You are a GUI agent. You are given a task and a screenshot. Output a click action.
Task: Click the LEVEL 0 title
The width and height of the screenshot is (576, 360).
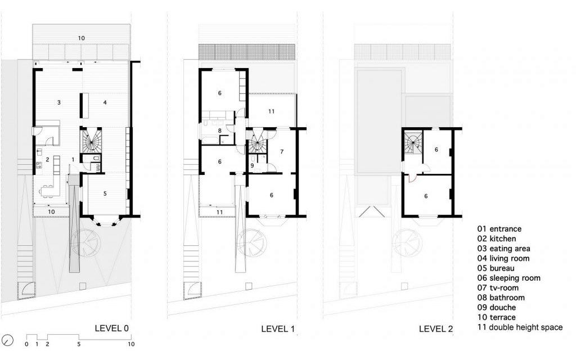click(112, 328)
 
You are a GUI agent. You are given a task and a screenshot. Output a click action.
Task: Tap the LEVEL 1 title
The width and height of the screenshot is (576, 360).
click(278, 328)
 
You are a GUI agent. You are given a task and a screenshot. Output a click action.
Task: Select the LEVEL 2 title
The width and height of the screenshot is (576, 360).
click(436, 328)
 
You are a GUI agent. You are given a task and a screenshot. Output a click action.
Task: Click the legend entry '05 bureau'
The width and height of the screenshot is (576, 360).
click(496, 268)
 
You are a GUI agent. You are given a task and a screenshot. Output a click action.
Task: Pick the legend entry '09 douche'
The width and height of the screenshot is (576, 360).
click(497, 308)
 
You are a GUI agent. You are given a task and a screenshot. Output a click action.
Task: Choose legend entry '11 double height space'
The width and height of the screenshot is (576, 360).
click(520, 327)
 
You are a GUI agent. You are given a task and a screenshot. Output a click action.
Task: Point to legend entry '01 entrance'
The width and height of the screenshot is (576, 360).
click(499, 229)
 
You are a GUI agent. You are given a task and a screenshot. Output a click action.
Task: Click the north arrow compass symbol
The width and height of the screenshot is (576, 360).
click(7, 340)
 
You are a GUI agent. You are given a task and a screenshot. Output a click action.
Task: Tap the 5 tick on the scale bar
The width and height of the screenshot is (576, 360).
click(79, 344)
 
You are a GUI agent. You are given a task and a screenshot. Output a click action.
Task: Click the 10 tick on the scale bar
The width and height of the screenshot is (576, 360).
click(131, 344)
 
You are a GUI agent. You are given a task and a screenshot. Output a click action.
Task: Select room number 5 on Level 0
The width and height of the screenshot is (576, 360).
click(105, 193)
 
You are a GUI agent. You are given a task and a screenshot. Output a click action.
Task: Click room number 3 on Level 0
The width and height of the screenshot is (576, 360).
click(58, 102)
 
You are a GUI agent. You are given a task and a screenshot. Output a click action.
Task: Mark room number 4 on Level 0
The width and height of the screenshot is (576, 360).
click(105, 102)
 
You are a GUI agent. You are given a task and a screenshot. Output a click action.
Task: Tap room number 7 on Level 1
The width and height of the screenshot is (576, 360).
click(282, 152)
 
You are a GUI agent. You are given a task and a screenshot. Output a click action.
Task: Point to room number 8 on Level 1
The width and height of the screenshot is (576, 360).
click(220, 130)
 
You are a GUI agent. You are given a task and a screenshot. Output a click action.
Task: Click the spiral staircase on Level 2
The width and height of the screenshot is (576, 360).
click(413, 143)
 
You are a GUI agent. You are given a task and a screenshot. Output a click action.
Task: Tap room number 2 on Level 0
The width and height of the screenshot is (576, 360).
click(48, 160)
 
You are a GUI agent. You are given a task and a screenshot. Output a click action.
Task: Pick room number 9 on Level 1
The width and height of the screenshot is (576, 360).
click(252, 166)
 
